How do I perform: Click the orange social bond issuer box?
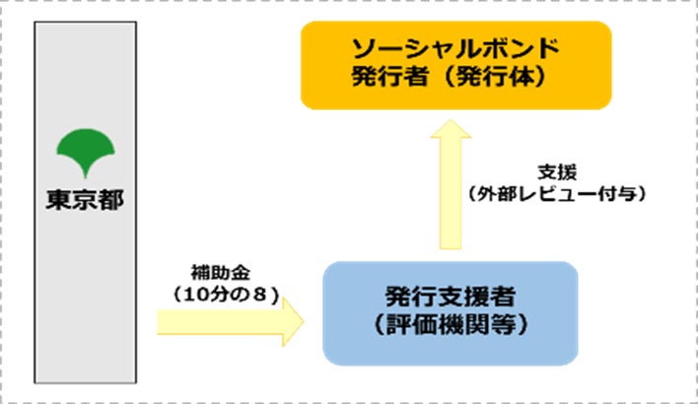pos(455,64)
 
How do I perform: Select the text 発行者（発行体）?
pos(455,80)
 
